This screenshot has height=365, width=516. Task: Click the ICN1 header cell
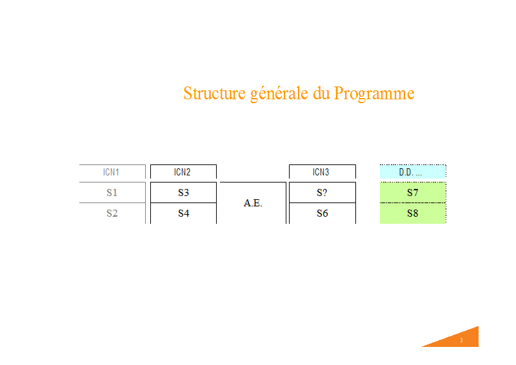112,172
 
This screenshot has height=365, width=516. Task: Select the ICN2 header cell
183,172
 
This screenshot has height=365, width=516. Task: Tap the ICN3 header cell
322,172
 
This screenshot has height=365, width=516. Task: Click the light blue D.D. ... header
413,172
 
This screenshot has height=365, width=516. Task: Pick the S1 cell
112,193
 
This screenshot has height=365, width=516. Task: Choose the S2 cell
112,213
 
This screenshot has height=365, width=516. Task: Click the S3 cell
183,193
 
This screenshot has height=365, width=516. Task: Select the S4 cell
183,213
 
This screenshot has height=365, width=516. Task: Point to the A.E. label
253,203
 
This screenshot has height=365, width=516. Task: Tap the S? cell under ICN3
322,193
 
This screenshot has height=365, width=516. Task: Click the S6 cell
322,213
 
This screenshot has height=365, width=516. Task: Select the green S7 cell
413,193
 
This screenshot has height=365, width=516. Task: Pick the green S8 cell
413,213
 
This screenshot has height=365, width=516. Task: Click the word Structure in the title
214,93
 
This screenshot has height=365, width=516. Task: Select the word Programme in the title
374,94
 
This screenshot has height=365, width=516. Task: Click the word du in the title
321,93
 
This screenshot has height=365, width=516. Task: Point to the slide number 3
461,340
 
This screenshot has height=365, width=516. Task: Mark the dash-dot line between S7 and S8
413,202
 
